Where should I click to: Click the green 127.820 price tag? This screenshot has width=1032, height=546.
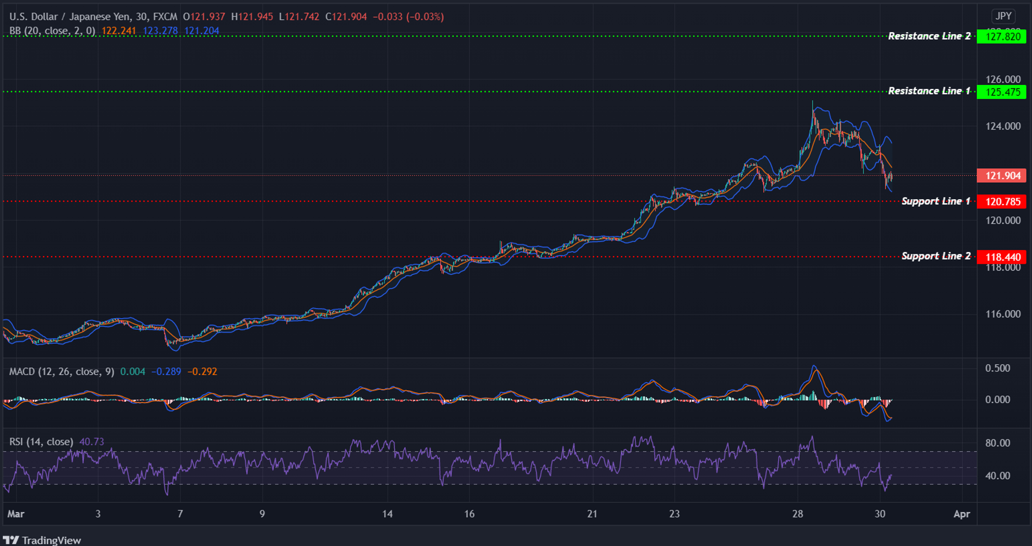click(1002, 36)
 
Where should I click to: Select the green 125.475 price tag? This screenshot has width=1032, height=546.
click(1002, 92)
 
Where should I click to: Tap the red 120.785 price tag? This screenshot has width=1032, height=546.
click(1002, 202)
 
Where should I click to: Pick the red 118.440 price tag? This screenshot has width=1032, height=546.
click(1002, 257)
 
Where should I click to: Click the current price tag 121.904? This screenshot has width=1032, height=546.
click(1002, 176)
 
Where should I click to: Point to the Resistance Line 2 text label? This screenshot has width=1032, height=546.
click(929, 36)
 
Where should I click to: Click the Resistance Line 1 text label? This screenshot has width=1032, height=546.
click(929, 91)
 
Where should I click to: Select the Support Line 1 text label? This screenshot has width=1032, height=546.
click(936, 202)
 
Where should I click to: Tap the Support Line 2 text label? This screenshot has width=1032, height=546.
click(936, 256)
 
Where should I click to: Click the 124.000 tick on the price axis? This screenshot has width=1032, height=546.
click(1003, 127)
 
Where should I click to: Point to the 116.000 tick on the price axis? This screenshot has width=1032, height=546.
click(1003, 314)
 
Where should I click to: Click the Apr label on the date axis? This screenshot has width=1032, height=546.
click(962, 514)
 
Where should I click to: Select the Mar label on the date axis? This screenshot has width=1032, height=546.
click(16, 514)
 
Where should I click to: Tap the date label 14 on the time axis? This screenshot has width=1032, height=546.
click(387, 514)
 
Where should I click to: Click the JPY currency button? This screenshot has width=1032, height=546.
click(1003, 16)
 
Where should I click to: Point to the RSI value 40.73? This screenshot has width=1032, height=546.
click(91, 442)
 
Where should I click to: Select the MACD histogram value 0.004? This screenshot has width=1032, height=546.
click(133, 371)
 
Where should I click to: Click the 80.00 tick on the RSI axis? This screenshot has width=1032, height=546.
click(997, 443)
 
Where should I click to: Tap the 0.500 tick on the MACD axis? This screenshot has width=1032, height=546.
click(997, 368)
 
